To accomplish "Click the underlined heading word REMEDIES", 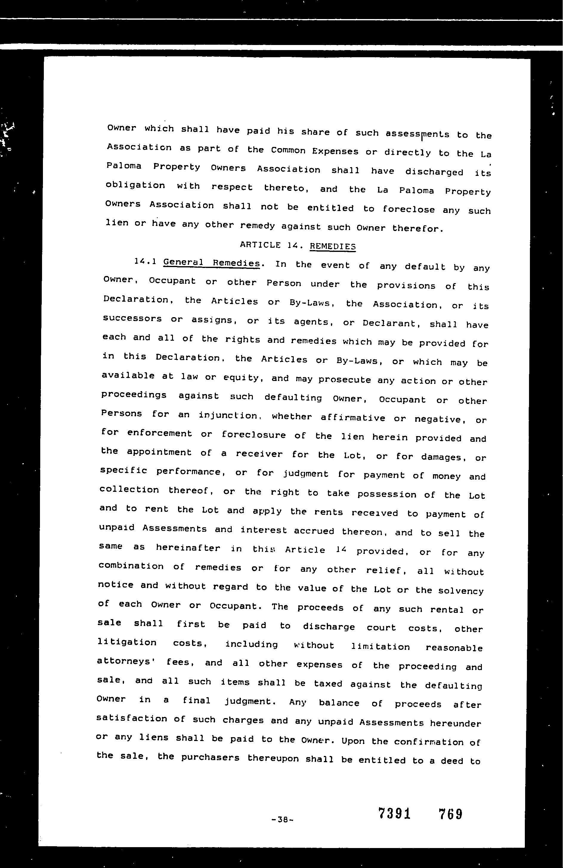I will [332, 246].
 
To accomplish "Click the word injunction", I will [228, 416].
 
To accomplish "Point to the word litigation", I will [127, 642].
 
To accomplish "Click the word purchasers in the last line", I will [210, 757].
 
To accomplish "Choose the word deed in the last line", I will [452, 761].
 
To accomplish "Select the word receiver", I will [259, 454].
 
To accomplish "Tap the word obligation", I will [135, 185].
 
